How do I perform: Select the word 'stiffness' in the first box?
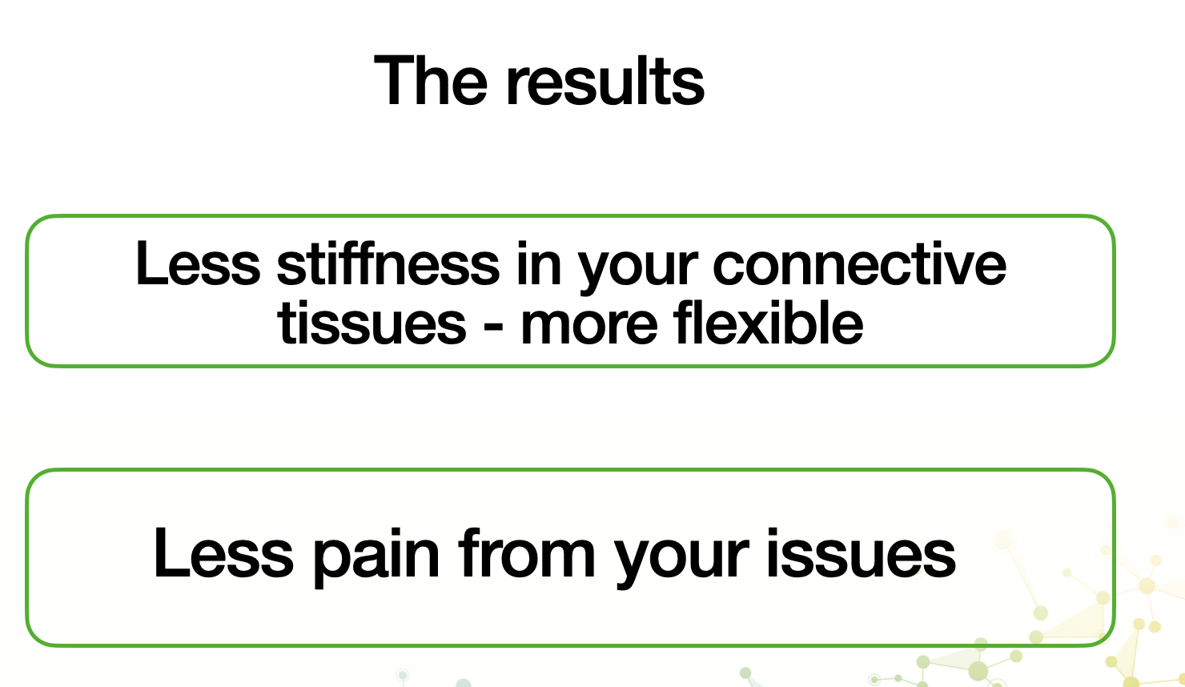[x=388, y=263]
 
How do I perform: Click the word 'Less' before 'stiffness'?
[x=198, y=263]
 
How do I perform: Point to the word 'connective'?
[x=860, y=263]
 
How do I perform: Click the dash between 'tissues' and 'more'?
[x=493, y=326]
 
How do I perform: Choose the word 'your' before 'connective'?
[x=638, y=270]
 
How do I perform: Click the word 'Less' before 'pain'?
[x=223, y=552]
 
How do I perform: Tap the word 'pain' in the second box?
[x=376, y=557]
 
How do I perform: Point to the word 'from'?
[x=527, y=552]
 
